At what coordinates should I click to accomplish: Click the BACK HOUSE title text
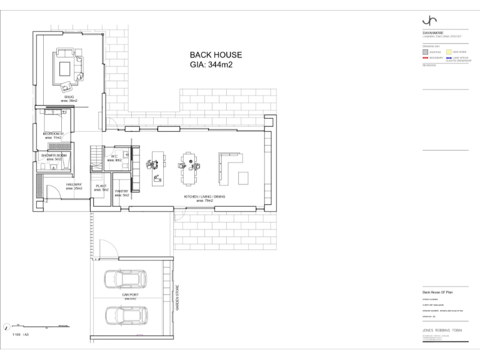tap(216, 55)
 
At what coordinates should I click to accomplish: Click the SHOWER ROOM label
tap(54, 155)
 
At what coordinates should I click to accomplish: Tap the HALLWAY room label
tap(74, 185)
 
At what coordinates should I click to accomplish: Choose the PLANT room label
tap(101, 186)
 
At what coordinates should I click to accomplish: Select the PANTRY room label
tap(121, 192)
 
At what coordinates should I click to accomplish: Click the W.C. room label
tap(114, 157)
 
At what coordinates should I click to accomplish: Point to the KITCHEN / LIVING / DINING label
tap(204, 197)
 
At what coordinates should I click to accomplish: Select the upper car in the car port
tap(125, 279)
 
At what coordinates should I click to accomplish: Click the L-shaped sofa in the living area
tap(229, 169)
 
